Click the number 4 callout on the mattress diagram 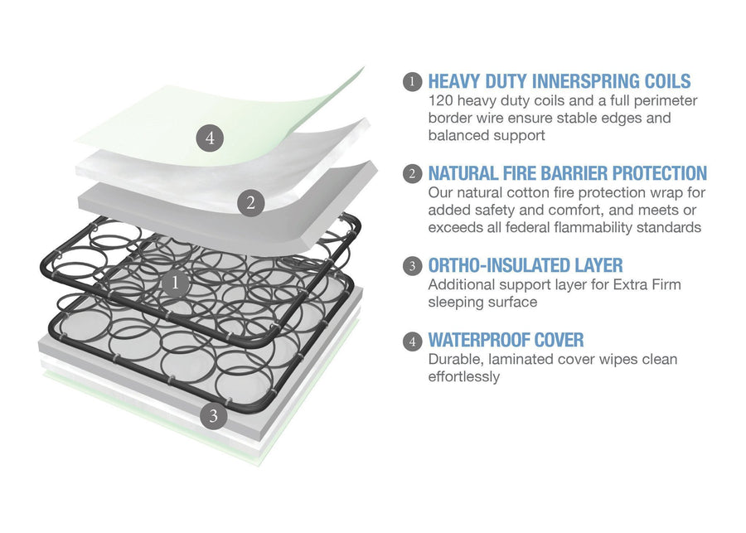coord(210,138)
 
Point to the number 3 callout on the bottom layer coord(213,416)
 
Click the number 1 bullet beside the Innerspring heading coord(411,82)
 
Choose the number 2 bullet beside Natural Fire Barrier coord(411,174)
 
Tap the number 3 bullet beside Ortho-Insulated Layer coord(411,266)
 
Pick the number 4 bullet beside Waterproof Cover coord(411,341)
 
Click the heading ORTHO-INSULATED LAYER coord(525,265)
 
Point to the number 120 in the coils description coord(441,100)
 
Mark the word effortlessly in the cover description coord(463,376)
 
